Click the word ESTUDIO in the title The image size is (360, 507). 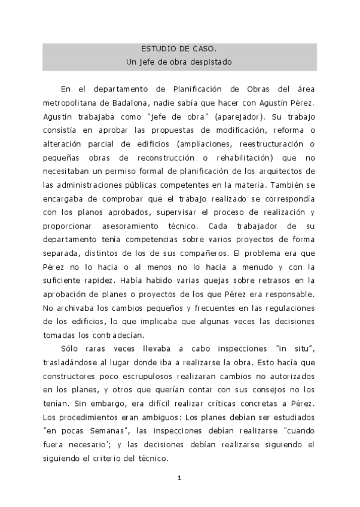tap(156, 49)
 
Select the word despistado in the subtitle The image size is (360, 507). tap(209, 62)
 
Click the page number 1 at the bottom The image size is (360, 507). tap(179, 478)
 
